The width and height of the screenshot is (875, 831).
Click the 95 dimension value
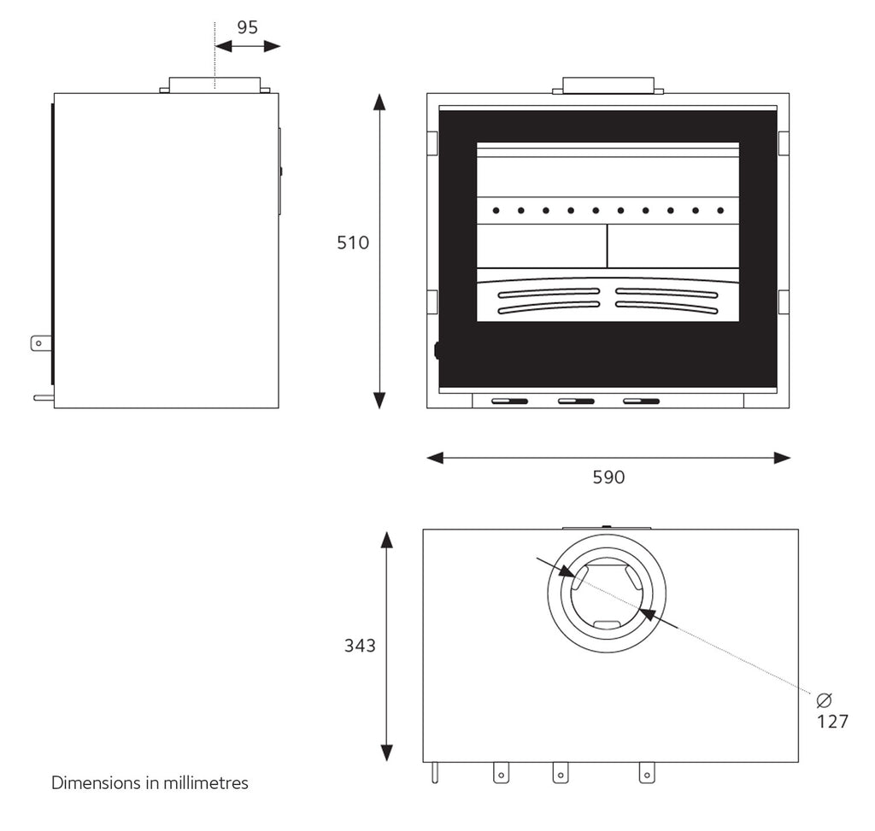(247, 27)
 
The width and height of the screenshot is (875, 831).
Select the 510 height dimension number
(353, 243)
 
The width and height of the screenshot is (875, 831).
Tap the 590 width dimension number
(608, 477)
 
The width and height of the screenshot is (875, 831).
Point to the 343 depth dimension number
(360, 646)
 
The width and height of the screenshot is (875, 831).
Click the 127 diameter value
(832, 722)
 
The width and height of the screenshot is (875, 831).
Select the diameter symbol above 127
(824, 700)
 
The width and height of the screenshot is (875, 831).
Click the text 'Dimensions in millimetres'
(150, 782)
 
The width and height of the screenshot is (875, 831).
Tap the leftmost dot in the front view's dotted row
(496, 210)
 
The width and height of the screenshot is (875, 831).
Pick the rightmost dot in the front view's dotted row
(720, 210)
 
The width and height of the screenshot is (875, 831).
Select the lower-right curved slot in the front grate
(667, 306)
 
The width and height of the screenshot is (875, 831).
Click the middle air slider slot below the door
(576, 401)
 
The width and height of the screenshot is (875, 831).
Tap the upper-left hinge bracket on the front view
(432, 143)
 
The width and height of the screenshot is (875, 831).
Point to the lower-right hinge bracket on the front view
(784, 302)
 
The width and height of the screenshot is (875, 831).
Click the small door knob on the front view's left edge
(437, 349)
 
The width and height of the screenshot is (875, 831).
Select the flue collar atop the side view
(214, 85)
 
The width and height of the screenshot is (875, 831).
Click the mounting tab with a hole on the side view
(41, 343)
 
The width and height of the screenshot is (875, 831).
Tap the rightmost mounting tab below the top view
(647, 773)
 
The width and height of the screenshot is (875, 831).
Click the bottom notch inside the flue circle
(607, 624)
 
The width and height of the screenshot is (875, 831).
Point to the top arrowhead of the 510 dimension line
(379, 102)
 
